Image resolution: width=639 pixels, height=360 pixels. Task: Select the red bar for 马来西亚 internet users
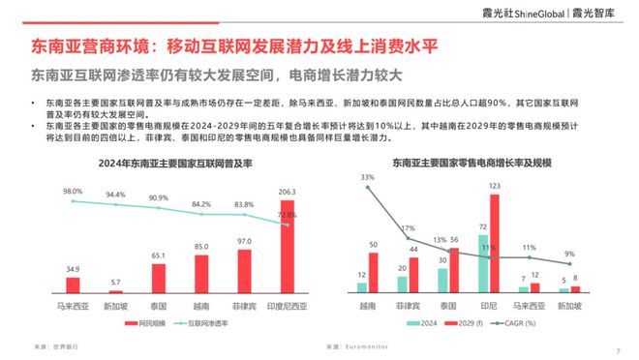(73, 285)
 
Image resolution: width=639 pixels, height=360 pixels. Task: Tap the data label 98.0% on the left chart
(72, 192)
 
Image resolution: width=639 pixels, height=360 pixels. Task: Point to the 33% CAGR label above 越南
(367, 177)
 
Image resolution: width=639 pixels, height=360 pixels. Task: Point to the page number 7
(618, 350)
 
